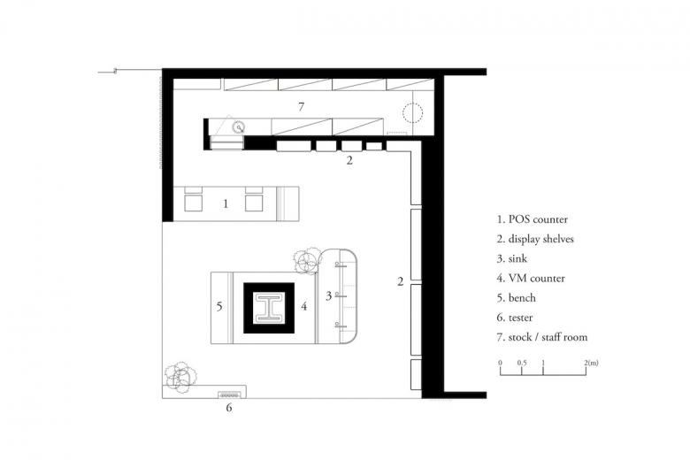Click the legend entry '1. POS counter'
[533, 219]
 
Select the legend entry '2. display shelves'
[535, 239]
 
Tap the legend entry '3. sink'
[512, 258]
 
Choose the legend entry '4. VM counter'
[531, 278]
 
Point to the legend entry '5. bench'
[517, 298]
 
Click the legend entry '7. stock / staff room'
[542, 337]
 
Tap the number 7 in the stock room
[301, 106]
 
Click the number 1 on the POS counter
[226, 203]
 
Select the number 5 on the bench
[219, 306]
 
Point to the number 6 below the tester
[229, 408]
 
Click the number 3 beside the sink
[328, 295]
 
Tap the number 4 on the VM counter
[303, 306]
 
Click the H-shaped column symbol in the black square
[269, 307]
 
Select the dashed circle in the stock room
[413, 111]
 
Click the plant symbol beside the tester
[180, 377]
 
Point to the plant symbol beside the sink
[307, 261]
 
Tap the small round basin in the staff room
[239, 127]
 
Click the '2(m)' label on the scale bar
[592, 363]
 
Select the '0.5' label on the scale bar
[522, 363]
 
